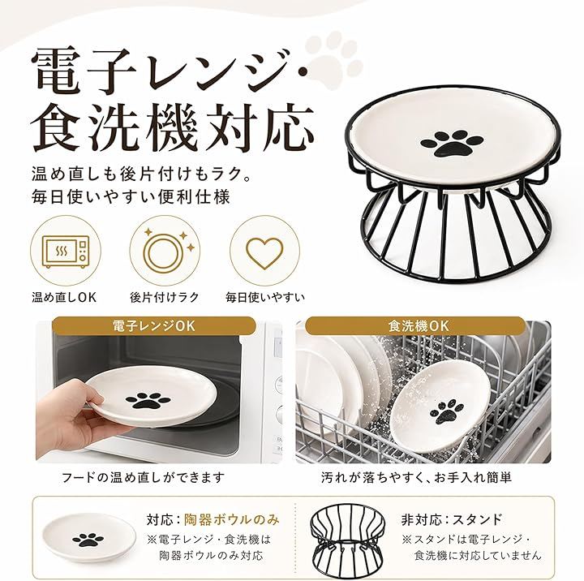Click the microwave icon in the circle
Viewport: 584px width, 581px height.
[x=66, y=252]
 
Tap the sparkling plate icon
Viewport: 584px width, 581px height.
[x=164, y=251]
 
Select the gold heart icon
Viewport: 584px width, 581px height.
[x=264, y=252]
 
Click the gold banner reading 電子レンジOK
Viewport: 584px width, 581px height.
[x=154, y=326]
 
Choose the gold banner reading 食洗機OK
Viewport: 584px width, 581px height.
[x=419, y=326]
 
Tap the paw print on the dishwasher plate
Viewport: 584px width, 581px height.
[x=447, y=411]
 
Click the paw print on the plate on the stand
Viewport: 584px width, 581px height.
[x=452, y=143]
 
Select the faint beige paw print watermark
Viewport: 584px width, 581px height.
[x=333, y=59]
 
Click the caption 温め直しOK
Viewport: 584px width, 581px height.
[x=64, y=297]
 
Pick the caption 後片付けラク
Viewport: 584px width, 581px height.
[x=164, y=297]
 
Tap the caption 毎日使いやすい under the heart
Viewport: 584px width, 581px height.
[x=265, y=297]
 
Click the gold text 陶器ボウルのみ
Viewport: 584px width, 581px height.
[x=232, y=519]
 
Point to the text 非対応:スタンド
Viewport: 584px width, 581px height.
[x=452, y=519]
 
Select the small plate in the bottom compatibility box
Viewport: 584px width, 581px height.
[x=88, y=538]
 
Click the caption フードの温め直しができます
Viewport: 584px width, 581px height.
[x=143, y=477]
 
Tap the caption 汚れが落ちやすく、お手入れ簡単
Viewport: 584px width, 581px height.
[x=416, y=477]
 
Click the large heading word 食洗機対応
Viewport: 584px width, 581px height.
[x=172, y=128]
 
